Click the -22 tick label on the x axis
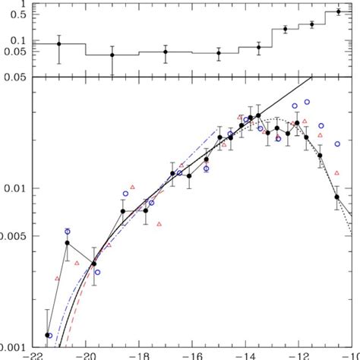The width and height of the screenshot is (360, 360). [35, 353]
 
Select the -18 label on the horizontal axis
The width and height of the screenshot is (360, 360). [141, 353]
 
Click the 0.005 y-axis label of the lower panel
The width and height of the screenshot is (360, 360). [12, 236]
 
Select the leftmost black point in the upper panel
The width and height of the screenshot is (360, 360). [59, 43]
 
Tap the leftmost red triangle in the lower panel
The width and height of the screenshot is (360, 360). [56, 279]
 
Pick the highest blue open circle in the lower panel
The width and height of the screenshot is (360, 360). [308, 101]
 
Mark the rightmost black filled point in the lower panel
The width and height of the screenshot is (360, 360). [336, 197]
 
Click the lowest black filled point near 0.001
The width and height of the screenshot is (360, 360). [48, 335]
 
